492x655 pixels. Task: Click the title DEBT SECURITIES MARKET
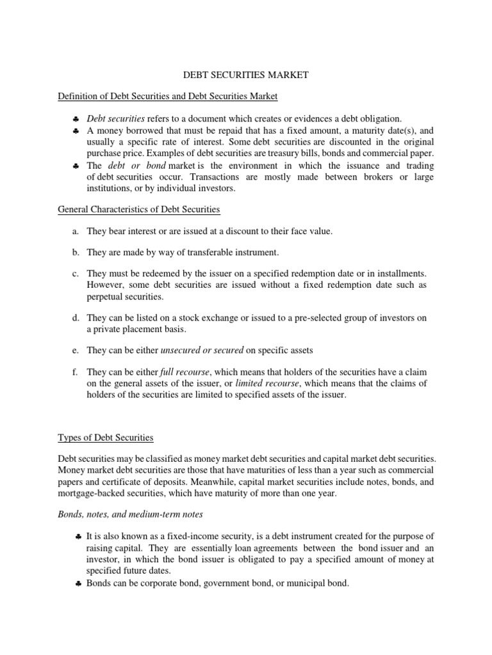(x=245, y=75)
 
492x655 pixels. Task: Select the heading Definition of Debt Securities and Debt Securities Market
(x=167, y=97)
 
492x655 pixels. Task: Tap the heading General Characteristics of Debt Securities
(x=139, y=210)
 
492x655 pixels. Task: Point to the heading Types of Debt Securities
(x=106, y=438)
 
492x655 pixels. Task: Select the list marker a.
(x=76, y=231)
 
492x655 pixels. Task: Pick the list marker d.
(x=76, y=318)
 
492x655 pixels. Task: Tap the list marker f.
(x=76, y=372)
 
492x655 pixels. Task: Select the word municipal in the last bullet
(x=290, y=584)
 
